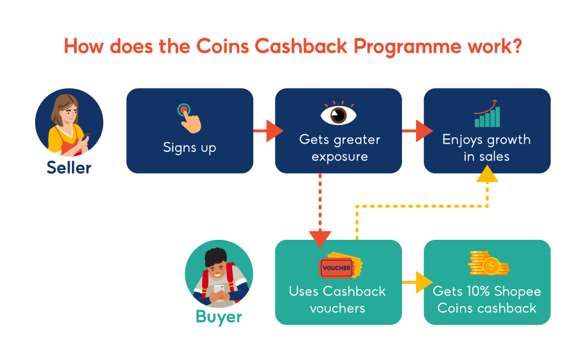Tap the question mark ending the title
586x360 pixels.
[516, 46]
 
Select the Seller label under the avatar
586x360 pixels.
[69, 168]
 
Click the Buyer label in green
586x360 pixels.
[219, 317]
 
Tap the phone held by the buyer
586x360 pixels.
[219, 289]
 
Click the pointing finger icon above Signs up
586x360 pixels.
[189, 117]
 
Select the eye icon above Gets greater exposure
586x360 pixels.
[338, 113]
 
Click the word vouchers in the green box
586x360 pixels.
[338, 308]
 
